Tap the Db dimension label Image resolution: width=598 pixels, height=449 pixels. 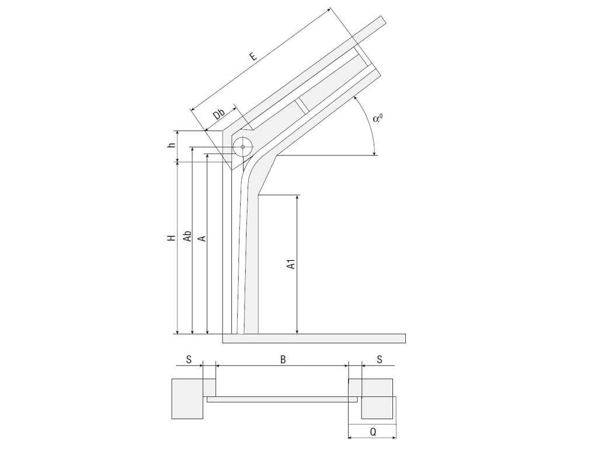pos(219,114)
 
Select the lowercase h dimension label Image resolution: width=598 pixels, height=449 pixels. pos(172,145)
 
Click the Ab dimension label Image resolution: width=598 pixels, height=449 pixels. pos(187,236)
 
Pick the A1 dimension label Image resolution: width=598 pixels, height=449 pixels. pos(291,264)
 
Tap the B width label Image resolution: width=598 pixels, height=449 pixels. pos(283,360)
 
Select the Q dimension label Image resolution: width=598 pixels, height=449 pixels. pos(373,432)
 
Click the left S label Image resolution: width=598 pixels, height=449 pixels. pos(189,360)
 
